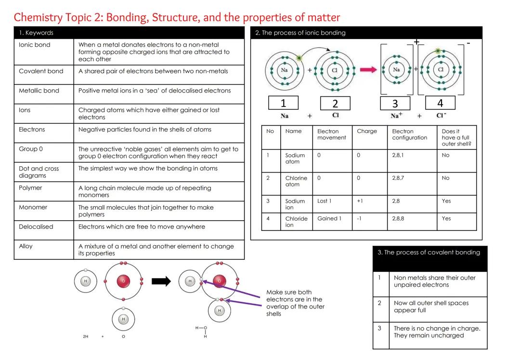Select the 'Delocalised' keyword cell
(36, 227)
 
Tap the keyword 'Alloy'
(26, 246)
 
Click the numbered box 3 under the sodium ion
(395, 103)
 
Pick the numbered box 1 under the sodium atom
(283, 103)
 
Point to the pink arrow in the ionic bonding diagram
(368, 70)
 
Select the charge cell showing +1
(360, 201)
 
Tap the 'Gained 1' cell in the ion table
(329, 218)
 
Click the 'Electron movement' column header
(331, 134)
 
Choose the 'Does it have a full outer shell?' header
(456, 137)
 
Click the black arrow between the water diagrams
(161, 281)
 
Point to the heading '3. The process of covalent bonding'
(429, 253)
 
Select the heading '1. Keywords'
(36, 33)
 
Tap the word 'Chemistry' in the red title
(38, 18)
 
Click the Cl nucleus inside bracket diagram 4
(441, 69)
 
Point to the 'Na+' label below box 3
(396, 116)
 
